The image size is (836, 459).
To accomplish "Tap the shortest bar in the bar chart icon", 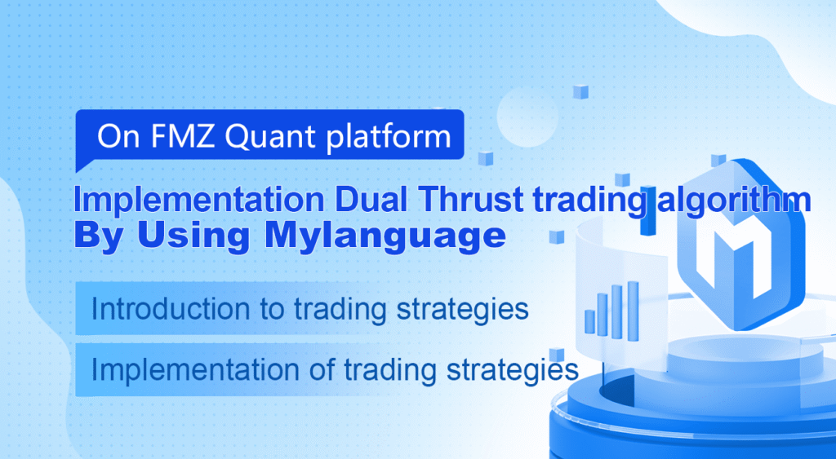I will click(589, 322).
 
